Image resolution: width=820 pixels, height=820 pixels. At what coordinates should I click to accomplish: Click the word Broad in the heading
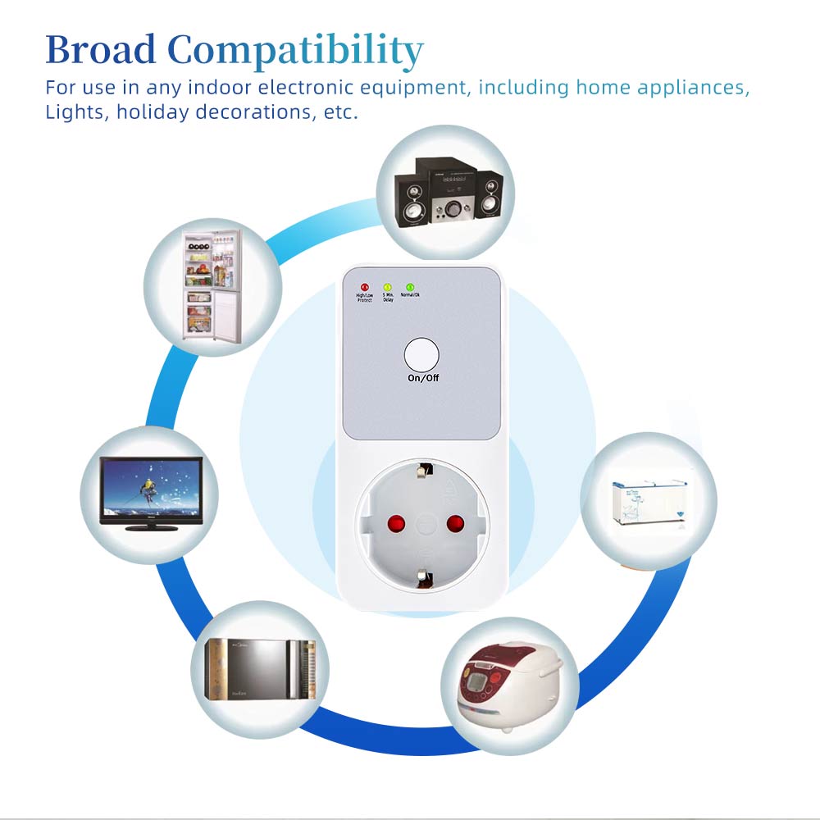pyautogui.click(x=100, y=50)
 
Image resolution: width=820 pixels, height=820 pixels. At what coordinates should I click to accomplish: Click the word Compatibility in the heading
pyautogui.click(x=295, y=50)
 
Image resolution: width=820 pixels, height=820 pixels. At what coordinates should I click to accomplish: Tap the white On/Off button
pyautogui.click(x=421, y=355)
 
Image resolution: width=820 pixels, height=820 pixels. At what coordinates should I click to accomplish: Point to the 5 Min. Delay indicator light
pyautogui.click(x=388, y=286)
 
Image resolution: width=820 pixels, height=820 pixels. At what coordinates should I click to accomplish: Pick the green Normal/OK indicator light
pyautogui.click(x=410, y=286)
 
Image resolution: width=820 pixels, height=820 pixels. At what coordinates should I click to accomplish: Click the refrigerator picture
pyautogui.click(x=212, y=285)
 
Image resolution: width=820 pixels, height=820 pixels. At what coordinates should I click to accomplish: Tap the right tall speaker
pyautogui.click(x=487, y=197)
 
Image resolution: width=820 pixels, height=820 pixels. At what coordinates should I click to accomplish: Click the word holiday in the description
pyautogui.click(x=152, y=112)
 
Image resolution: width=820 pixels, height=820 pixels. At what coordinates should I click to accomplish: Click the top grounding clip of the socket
pyautogui.click(x=423, y=471)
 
